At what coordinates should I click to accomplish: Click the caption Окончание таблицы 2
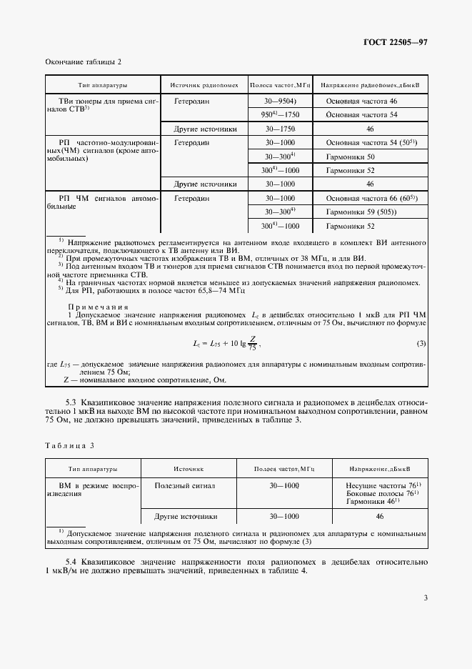tap(84, 63)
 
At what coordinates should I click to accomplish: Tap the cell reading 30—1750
tap(280, 129)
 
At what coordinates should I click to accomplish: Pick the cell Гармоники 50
tap(351, 157)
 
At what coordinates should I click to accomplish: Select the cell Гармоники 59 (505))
tap(361, 212)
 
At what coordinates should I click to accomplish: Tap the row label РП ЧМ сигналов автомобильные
tap(101, 202)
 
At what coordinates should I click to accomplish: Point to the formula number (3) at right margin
tap(421, 345)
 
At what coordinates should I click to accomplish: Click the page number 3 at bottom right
tap(425, 598)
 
